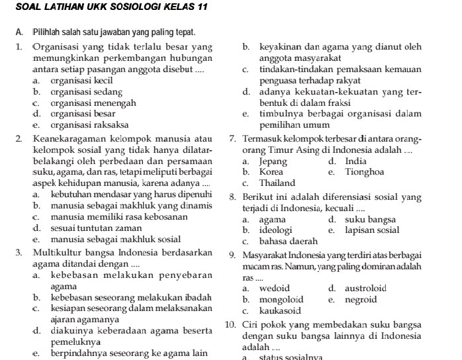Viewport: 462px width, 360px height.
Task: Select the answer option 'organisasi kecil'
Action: click(77, 81)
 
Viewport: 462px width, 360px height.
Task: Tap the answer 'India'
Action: click(356, 161)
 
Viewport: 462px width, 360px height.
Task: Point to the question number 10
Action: click(230, 325)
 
